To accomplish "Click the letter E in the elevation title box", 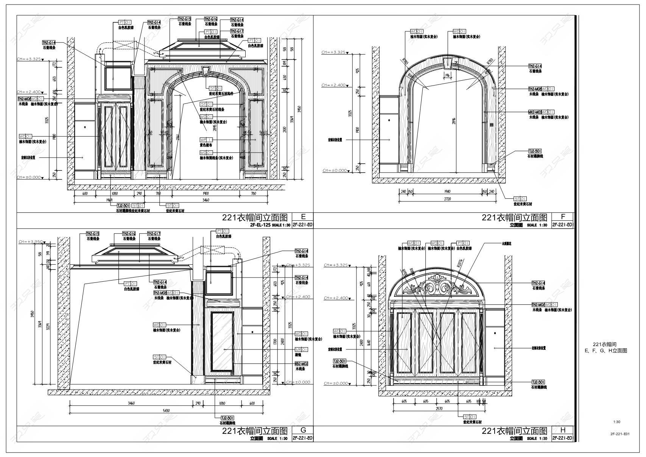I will click(303, 217).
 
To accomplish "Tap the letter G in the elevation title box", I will click(303, 430).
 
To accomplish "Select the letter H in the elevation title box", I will click(563, 430).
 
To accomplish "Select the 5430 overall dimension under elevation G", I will click(167, 411).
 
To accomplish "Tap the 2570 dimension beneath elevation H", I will click(439, 409).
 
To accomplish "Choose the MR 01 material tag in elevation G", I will click(301, 349).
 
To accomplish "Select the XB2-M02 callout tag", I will click(301, 363).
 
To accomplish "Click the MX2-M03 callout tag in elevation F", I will click(535, 112).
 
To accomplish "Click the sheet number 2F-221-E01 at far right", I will click(620, 434).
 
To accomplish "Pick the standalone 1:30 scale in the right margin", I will click(616, 422).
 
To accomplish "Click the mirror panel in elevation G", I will click(222, 341).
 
